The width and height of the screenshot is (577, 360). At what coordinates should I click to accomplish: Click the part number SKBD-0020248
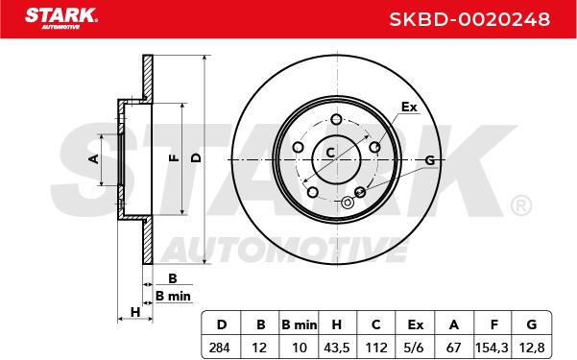[x=469, y=19]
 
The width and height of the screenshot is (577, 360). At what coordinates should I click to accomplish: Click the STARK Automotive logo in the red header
[x=61, y=18]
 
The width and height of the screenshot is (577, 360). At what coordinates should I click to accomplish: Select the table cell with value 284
[x=221, y=348]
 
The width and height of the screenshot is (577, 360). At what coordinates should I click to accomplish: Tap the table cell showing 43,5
[x=337, y=348]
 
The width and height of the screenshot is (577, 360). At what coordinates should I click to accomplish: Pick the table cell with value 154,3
[x=493, y=348]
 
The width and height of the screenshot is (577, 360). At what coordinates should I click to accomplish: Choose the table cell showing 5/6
[x=415, y=348]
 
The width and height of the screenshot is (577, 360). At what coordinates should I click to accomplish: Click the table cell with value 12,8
[x=531, y=348]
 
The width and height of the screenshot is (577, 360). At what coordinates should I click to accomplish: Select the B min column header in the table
[x=299, y=324]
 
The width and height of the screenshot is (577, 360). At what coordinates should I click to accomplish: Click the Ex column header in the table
[x=415, y=324]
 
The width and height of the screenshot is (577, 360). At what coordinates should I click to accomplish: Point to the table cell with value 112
[x=375, y=348]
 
